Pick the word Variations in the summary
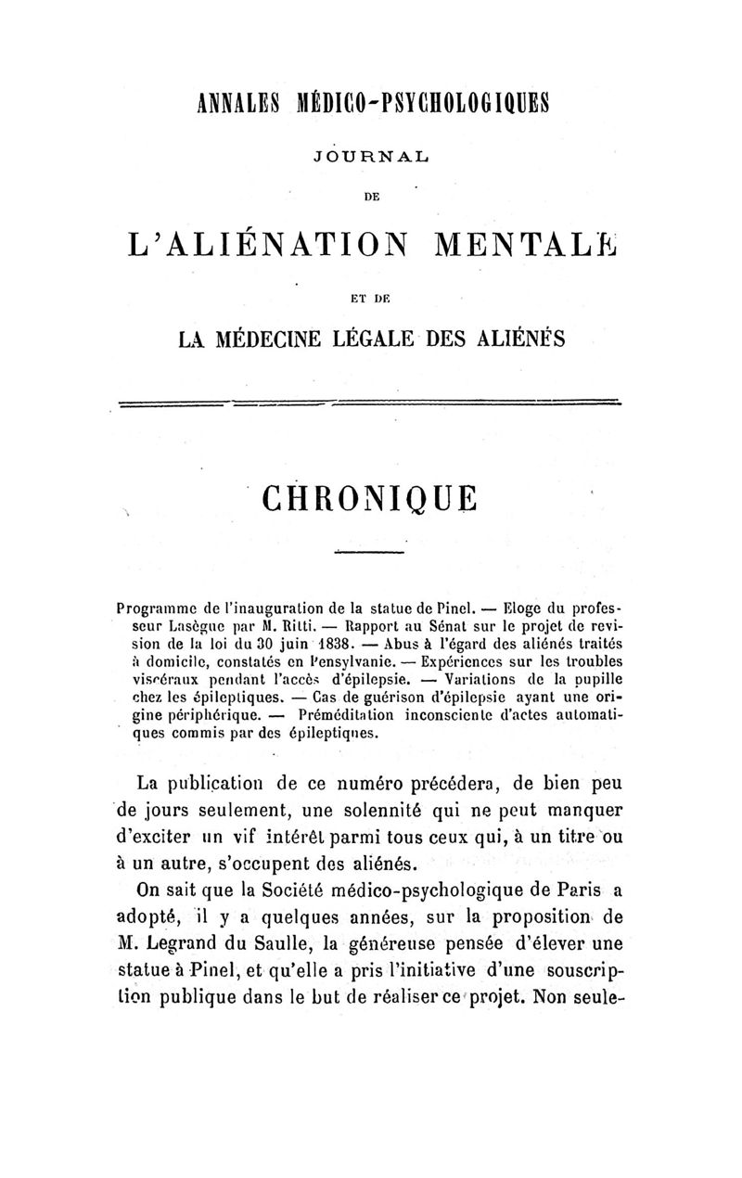pos(479,680)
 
